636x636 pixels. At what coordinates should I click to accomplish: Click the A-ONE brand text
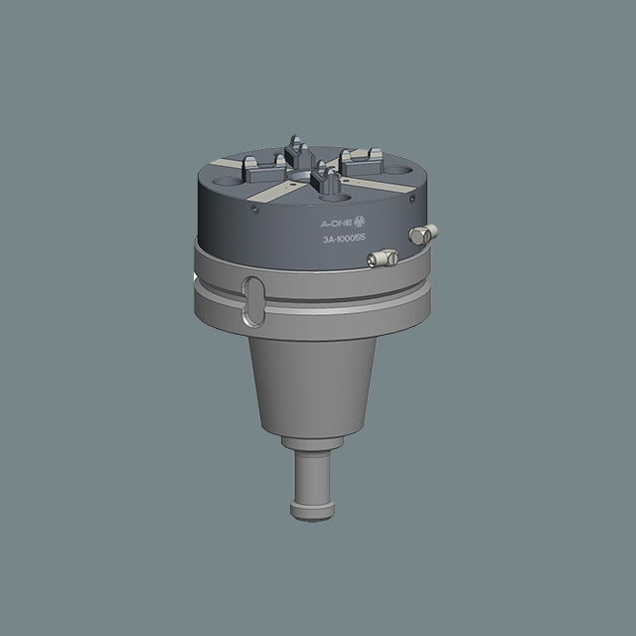(x=336, y=223)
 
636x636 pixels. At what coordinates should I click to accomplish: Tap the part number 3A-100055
(x=344, y=238)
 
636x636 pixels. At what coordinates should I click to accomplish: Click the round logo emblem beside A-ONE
(x=360, y=222)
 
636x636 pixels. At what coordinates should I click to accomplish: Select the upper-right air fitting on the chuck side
(x=423, y=235)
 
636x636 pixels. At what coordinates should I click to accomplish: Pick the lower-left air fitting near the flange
(x=383, y=258)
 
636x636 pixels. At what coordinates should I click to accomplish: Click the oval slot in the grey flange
(x=253, y=300)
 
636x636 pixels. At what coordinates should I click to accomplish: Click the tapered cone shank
(x=312, y=388)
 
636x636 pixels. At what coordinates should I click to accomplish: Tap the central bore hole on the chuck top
(x=300, y=177)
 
